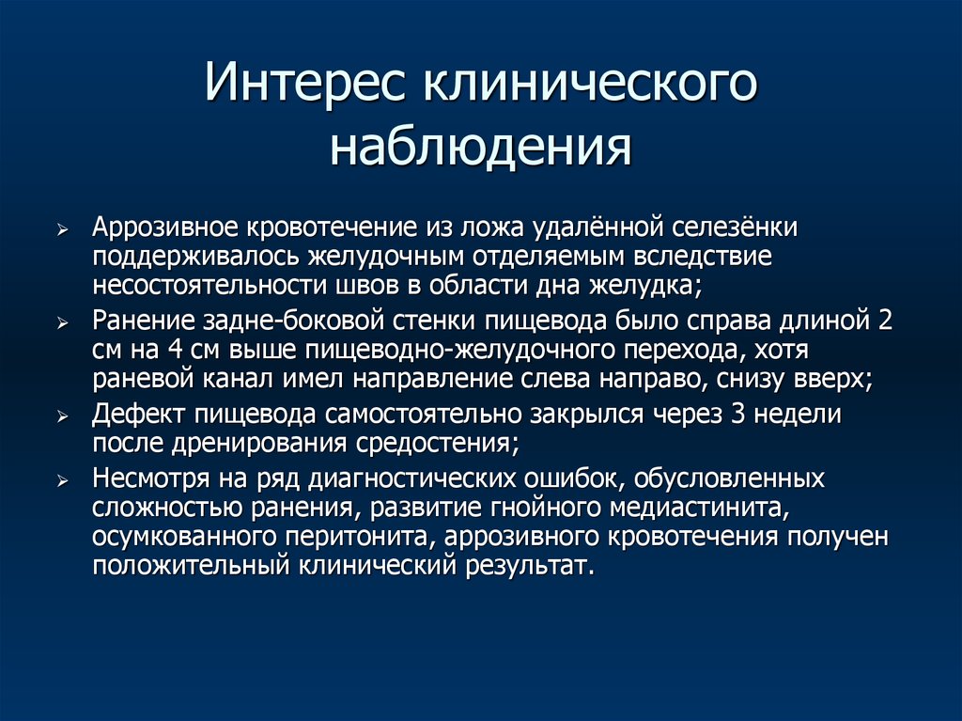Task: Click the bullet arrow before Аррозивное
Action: click(62, 230)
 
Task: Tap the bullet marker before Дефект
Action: click(62, 415)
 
